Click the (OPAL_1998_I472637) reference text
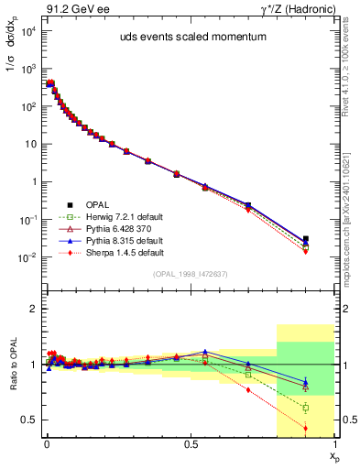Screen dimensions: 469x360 coord(184,272)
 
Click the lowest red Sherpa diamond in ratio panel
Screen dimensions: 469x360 coord(305,429)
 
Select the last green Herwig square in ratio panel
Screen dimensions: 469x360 coord(305,408)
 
